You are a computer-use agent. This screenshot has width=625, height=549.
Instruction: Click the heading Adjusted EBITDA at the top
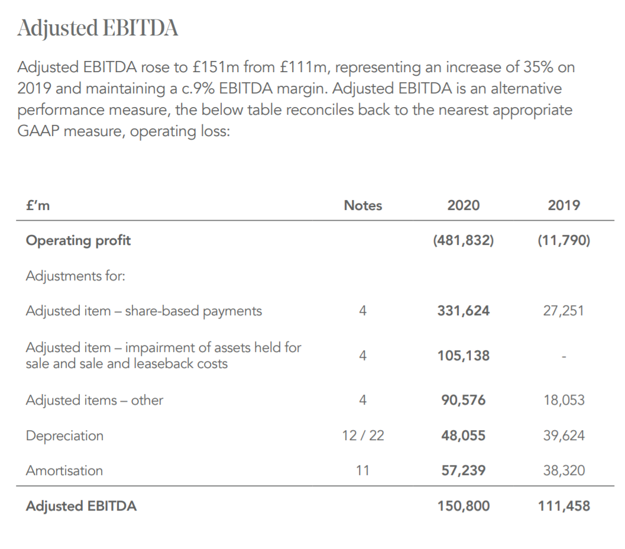tap(98, 28)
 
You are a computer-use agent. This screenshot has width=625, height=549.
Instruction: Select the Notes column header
tap(362, 205)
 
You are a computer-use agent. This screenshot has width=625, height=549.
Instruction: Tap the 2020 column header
tap(464, 205)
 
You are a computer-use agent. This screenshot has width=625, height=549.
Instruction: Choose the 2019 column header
tap(564, 205)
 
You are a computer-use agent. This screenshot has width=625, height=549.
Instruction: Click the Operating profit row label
tap(78, 240)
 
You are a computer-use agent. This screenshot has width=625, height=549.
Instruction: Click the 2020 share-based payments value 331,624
tap(464, 311)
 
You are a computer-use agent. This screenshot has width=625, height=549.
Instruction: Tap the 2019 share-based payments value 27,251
tap(564, 311)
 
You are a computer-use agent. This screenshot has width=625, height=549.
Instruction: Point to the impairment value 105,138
tap(464, 356)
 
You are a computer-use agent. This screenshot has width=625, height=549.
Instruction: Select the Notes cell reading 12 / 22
tap(362, 435)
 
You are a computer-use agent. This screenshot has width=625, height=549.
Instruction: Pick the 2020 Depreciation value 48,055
tap(464, 435)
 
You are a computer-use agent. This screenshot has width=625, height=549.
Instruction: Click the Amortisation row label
tap(64, 470)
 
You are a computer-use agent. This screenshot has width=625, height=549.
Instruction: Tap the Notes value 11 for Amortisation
tap(362, 470)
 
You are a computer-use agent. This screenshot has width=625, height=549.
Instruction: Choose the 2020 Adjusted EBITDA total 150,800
tap(464, 506)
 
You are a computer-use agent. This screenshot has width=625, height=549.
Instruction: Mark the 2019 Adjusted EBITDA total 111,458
tap(564, 506)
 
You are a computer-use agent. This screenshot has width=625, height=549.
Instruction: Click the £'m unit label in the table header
tap(37, 205)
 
